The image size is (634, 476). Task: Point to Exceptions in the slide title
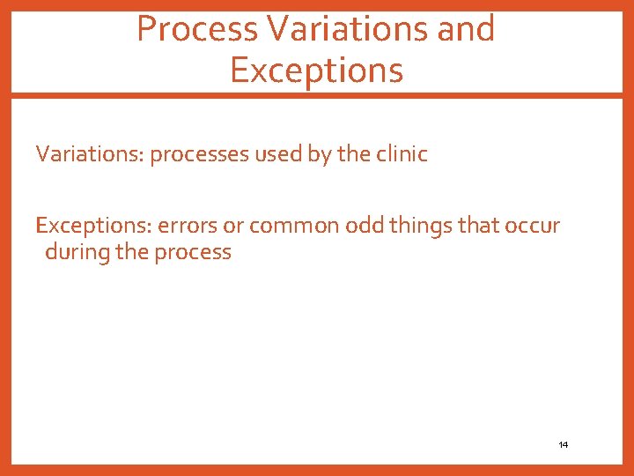(316, 70)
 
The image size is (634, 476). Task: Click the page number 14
(564, 445)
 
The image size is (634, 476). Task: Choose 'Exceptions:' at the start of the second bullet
(93, 226)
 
